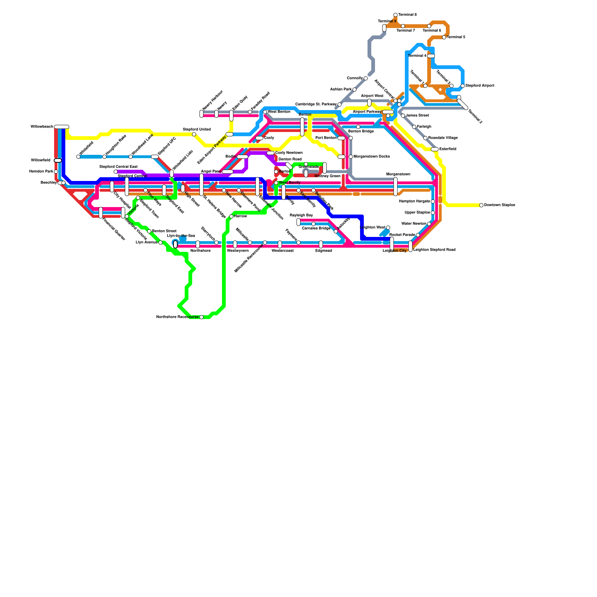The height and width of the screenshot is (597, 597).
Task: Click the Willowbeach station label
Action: [42, 127]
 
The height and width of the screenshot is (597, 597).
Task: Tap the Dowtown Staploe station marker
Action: [481, 205]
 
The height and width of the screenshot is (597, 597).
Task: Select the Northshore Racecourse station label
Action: [177, 317]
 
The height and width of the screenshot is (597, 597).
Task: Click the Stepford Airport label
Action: [480, 86]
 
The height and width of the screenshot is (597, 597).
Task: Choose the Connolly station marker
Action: [366, 78]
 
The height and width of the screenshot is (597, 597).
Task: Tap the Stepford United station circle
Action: [194, 134]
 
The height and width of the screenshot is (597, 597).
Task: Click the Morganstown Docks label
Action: [372, 157]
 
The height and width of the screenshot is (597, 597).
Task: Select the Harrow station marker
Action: [231, 216]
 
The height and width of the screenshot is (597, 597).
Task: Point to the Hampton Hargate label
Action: [414, 201]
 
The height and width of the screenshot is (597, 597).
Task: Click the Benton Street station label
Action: [164, 231]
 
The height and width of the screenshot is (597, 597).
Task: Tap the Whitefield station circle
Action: [78, 157]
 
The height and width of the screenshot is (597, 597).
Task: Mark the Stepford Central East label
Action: [118, 167]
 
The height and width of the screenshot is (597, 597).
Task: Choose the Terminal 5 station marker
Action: [444, 37]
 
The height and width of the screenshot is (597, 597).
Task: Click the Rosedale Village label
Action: [443, 138]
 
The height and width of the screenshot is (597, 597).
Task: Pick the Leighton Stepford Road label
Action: [434, 250]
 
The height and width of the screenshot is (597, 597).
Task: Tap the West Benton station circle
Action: [265, 112]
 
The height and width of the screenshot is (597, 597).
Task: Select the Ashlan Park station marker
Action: [354, 90]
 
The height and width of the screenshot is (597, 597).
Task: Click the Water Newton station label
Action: [414, 224]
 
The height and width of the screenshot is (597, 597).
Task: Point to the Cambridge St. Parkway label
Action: [316, 104]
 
